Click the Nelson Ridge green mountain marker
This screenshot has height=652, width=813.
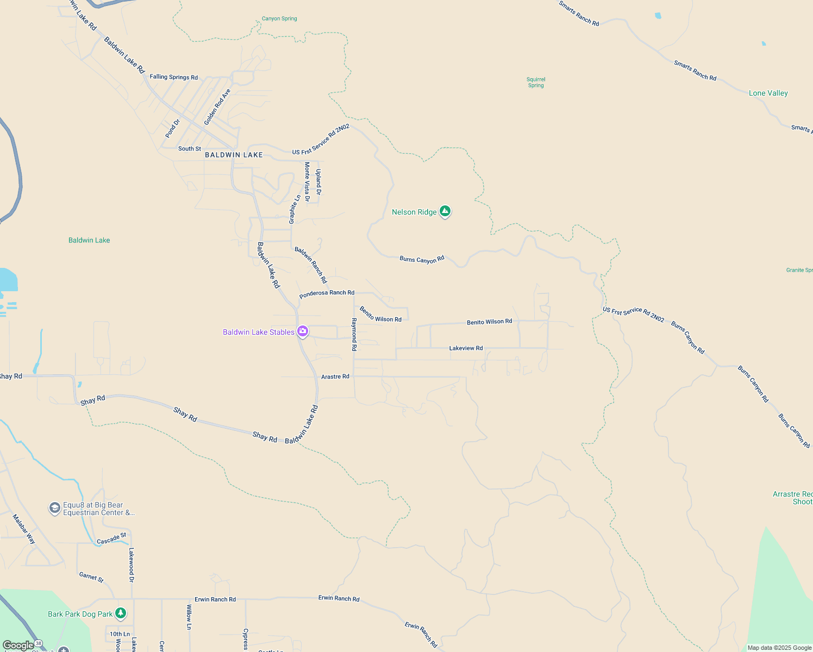[445, 211]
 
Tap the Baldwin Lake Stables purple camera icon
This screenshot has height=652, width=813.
[303, 331]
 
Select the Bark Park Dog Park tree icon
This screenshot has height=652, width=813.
[121, 613]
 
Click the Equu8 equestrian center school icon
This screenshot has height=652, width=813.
[54, 508]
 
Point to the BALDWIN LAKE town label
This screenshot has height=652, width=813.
[234, 155]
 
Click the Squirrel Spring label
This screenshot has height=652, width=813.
[536, 82]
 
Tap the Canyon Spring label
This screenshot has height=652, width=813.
[279, 18]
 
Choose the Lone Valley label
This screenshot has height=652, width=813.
[768, 93]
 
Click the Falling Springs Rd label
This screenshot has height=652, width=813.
[174, 77]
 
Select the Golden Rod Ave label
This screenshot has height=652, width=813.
[217, 107]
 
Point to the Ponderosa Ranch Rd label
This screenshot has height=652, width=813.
[327, 293]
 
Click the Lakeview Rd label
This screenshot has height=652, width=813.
[466, 348]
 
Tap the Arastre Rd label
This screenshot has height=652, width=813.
[335, 377]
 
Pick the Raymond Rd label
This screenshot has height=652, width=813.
[354, 334]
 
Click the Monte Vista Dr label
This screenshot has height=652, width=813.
[307, 181]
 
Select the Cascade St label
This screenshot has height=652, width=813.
[111, 539]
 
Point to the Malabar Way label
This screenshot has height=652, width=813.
[24, 529]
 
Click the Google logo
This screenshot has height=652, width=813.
[18, 645]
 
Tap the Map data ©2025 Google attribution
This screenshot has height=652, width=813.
[779, 648]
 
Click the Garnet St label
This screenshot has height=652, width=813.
[91, 576]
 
